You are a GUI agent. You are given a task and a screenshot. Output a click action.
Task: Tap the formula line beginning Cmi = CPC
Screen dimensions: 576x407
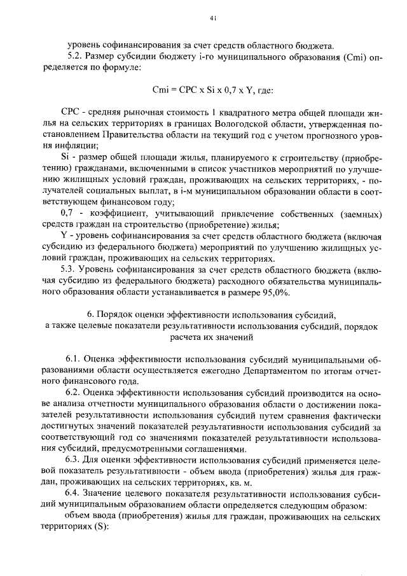[213, 90]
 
